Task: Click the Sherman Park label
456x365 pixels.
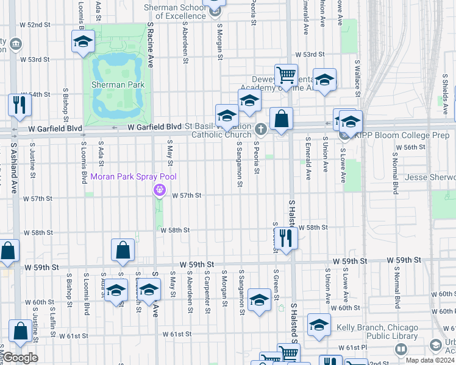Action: click(x=118, y=85)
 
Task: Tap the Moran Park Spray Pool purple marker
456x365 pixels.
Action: click(x=160, y=190)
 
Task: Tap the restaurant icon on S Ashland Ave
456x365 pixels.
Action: click(x=20, y=105)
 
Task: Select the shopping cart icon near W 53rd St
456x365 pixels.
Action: click(x=285, y=75)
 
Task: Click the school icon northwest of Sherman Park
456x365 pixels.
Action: click(x=83, y=41)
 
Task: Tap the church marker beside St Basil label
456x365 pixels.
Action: click(x=261, y=129)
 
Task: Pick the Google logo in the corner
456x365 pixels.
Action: click(x=20, y=358)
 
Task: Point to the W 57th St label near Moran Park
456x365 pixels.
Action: click(x=186, y=196)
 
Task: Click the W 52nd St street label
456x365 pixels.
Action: click(x=34, y=24)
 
